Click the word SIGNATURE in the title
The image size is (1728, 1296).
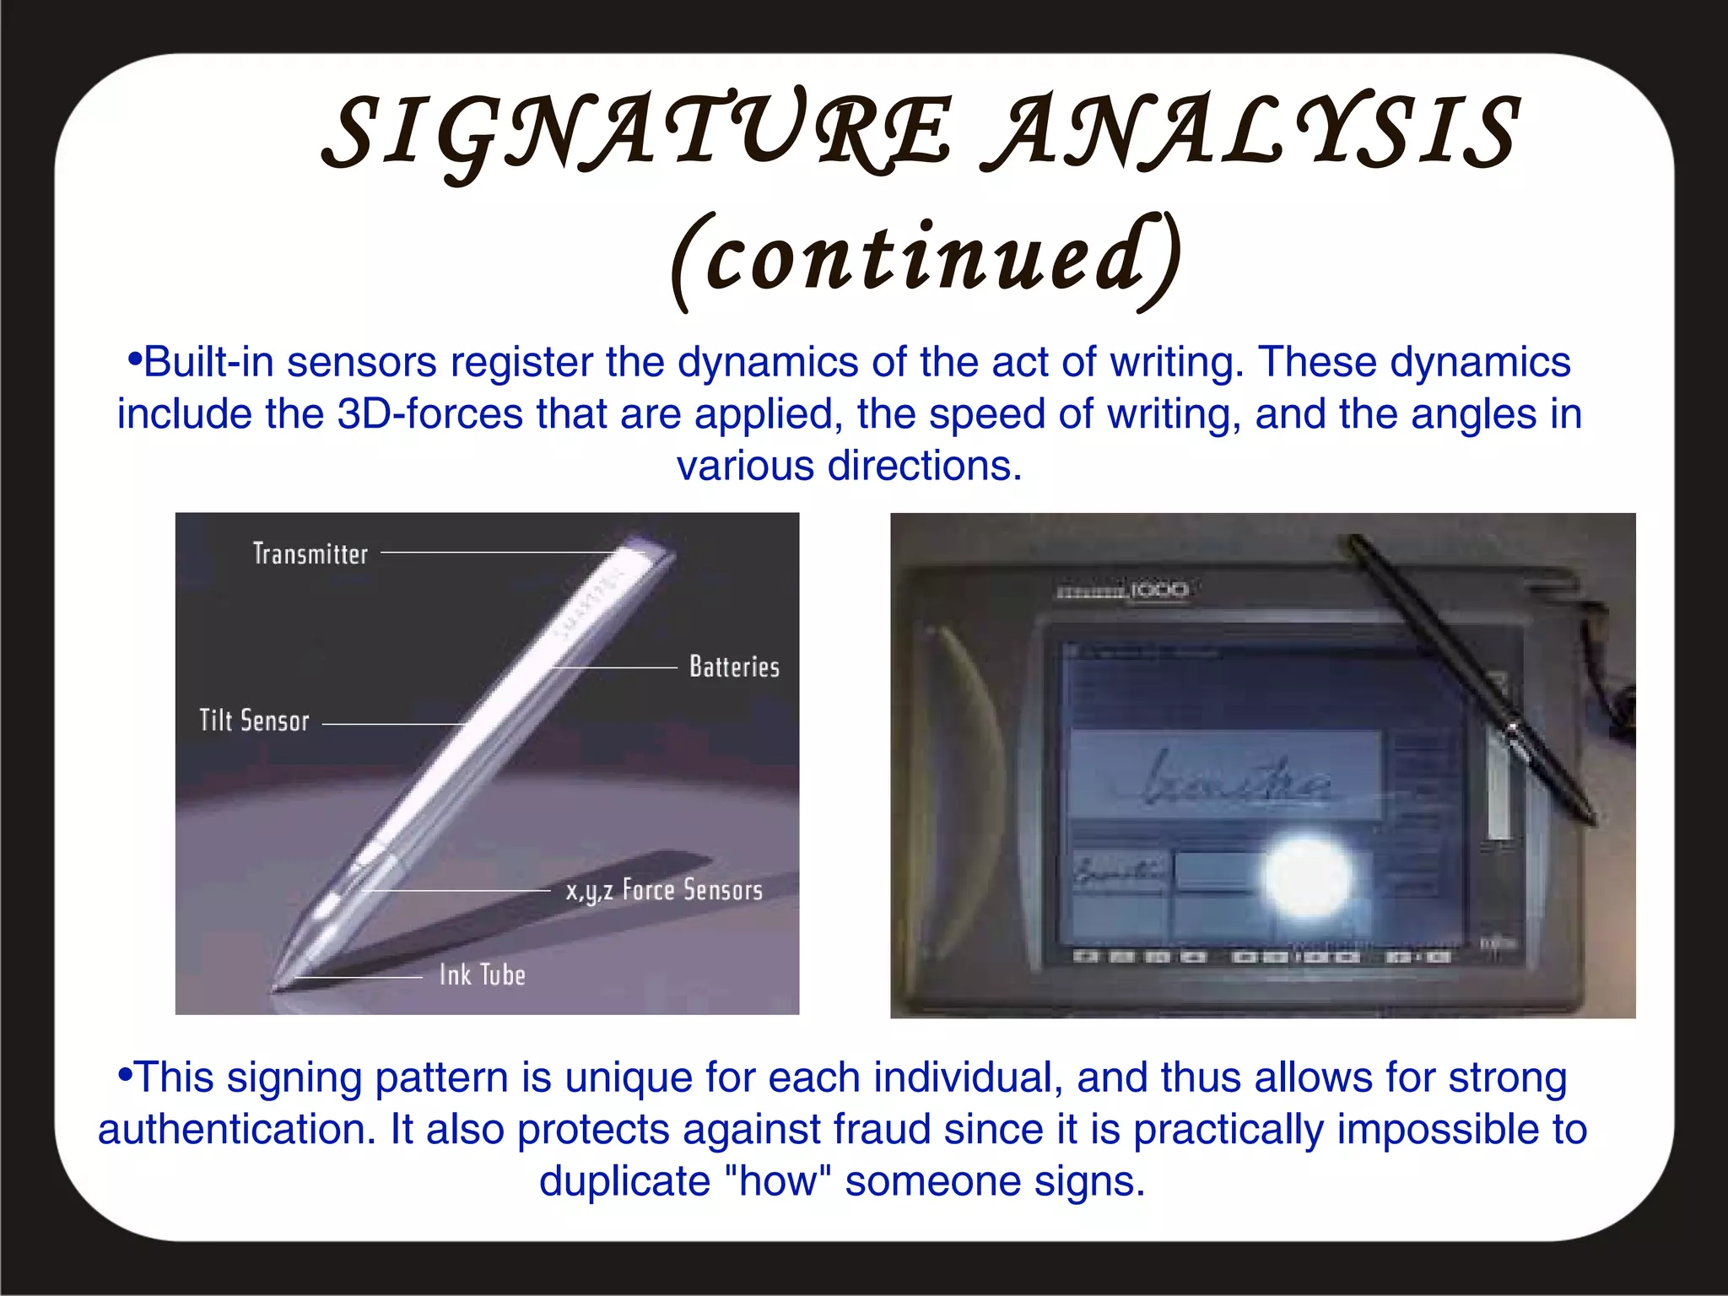tap(637, 133)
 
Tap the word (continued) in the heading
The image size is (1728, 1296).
tap(926, 258)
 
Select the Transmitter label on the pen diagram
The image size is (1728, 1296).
tap(310, 554)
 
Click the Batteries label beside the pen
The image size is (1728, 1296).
tap(734, 667)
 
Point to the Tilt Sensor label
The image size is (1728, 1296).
tap(254, 721)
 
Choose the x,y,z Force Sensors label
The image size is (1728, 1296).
tap(664, 891)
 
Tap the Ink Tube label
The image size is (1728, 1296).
tap(483, 976)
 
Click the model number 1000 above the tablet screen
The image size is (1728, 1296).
tap(1159, 590)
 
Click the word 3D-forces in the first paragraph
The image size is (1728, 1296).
tap(430, 415)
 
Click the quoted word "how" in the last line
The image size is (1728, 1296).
tap(778, 1181)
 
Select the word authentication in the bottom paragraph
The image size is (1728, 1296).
tap(237, 1130)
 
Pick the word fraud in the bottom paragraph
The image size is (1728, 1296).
tap(883, 1130)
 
